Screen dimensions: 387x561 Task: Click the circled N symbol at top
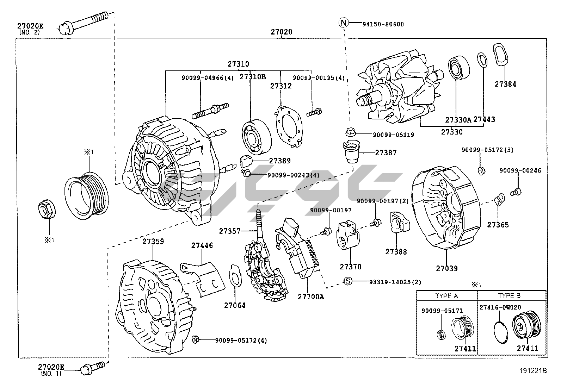click(343, 23)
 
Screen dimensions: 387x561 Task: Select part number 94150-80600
click(383, 24)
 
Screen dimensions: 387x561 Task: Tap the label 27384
click(505, 84)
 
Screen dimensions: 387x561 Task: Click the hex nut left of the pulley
click(46, 210)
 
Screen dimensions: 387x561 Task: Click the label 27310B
click(253, 76)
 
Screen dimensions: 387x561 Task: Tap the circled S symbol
click(347, 281)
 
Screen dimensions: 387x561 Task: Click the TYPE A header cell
click(446, 295)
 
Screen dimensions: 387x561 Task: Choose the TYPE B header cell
click(509, 295)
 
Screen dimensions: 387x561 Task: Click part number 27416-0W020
click(500, 307)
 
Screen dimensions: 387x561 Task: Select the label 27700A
click(310, 297)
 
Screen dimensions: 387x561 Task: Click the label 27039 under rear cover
click(446, 268)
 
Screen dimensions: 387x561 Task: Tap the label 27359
click(153, 242)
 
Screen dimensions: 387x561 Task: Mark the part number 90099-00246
click(520, 170)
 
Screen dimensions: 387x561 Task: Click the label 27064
click(235, 305)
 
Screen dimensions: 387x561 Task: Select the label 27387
click(386, 153)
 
